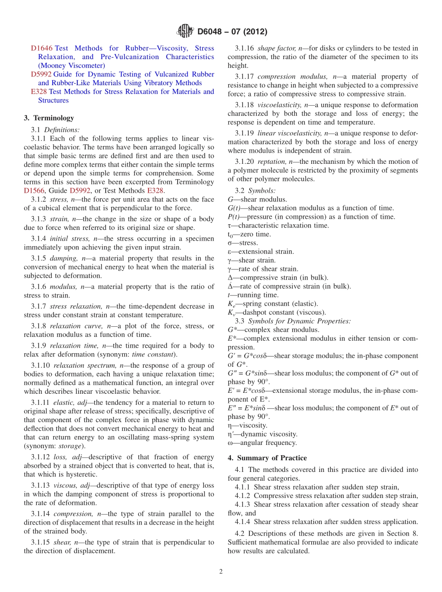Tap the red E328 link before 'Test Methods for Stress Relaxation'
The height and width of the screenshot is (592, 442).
[39, 92]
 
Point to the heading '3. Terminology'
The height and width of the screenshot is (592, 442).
[49, 118]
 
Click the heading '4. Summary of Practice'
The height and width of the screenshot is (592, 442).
[267, 458]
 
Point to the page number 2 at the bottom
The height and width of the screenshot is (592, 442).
[221, 572]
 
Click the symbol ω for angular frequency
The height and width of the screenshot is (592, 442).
[230, 443]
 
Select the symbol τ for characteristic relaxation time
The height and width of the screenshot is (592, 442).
[229, 226]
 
